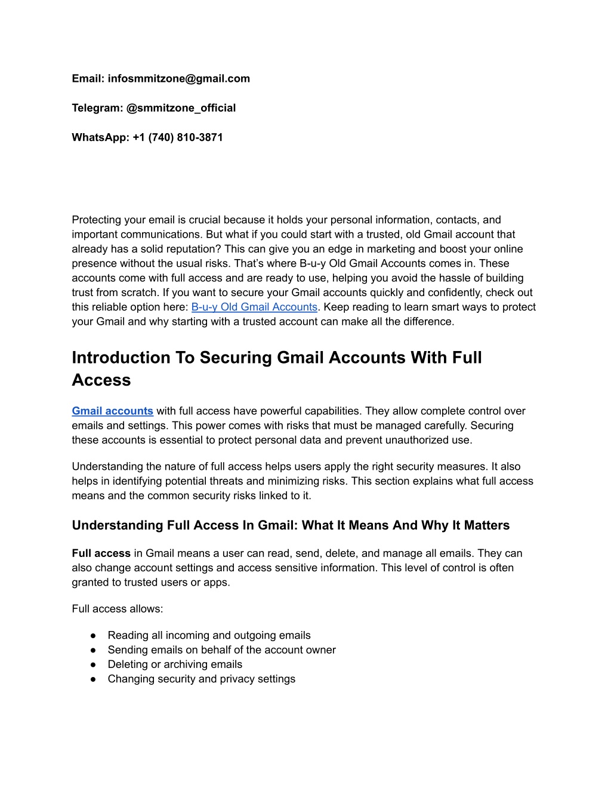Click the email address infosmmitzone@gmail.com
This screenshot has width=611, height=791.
coord(179,79)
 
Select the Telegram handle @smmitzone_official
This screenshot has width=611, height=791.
coord(181,108)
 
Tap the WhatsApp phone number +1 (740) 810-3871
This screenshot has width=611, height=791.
coord(178,137)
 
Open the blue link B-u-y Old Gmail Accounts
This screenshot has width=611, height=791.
coord(254,307)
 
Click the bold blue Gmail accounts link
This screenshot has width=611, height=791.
coord(112,411)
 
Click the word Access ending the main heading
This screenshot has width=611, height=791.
coord(101,380)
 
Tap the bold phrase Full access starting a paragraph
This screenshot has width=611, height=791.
coord(101,553)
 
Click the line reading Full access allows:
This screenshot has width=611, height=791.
coord(118,609)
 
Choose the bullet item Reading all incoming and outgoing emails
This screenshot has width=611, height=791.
coord(209,635)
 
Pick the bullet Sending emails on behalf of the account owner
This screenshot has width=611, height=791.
coord(221,650)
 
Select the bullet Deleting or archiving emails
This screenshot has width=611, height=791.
coord(175,664)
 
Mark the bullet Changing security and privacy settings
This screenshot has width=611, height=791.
coord(201,679)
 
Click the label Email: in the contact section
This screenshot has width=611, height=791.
coord(88,79)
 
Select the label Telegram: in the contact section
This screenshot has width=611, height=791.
coord(98,108)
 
